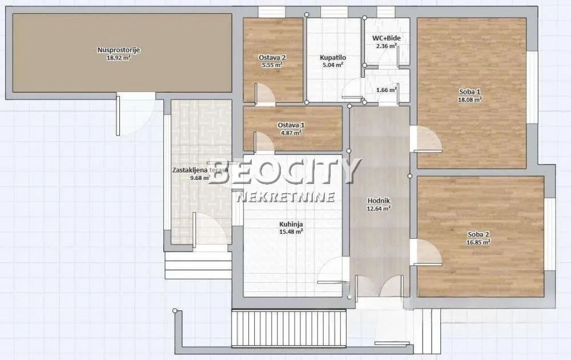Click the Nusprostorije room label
coord(119,50)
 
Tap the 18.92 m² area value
coord(119,58)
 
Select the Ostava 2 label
coord(272,58)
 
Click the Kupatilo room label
coord(332,58)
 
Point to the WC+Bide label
coord(387,38)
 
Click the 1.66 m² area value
coord(387,89)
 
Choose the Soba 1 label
coord(471,91)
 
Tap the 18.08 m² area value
coord(471,99)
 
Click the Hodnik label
coord(379,201)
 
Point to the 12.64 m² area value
coord(379,209)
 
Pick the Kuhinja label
coord(291,223)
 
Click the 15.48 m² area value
coord(291,231)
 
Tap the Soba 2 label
coord(478,234)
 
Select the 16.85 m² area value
coord(478,242)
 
